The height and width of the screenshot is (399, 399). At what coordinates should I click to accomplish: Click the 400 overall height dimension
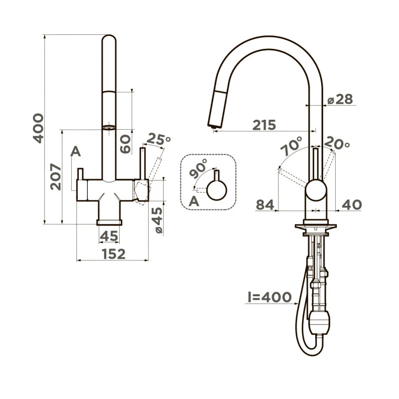(x=38, y=128)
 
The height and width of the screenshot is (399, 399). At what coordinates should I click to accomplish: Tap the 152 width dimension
(x=113, y=254)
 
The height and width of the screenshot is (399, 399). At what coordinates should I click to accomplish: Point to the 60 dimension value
(x=125, y=144)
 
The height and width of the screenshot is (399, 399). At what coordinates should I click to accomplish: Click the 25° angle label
(x=159, y=140)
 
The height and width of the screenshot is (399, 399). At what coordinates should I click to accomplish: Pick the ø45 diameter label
(x=157, y=220)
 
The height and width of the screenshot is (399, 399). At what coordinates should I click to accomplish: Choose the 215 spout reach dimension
(x=264, y=125)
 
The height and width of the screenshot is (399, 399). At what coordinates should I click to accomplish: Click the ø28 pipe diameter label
(x=340, y=99)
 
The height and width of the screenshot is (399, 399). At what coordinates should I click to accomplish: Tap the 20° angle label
(x=337, y=144)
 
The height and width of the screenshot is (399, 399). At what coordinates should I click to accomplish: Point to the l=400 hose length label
(x=270, y=297)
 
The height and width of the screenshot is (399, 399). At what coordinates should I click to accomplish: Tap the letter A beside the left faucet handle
(x=75, y=152)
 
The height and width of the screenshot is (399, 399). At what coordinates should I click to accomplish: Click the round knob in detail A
(x=217, y=190)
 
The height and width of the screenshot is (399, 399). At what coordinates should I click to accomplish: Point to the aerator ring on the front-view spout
(x=109, y=127)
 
